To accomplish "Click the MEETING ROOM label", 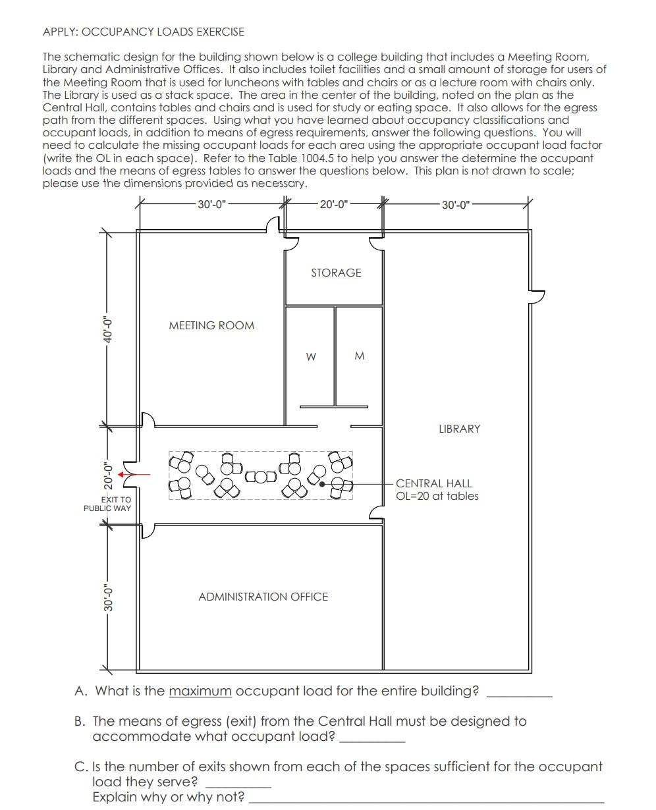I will [211, 325].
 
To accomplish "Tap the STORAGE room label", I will [336, 273].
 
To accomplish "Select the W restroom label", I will [311, 357].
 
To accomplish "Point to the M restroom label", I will [359, 356].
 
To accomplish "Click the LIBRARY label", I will [459, 429].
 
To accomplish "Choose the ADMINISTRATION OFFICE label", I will [263, 597].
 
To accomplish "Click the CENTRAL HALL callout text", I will [433, 483].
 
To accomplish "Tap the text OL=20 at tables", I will [437, 497].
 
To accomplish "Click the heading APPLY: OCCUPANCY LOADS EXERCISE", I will [143, 32].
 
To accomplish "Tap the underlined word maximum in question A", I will [200, 691].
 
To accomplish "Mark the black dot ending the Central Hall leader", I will [322, 484].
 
